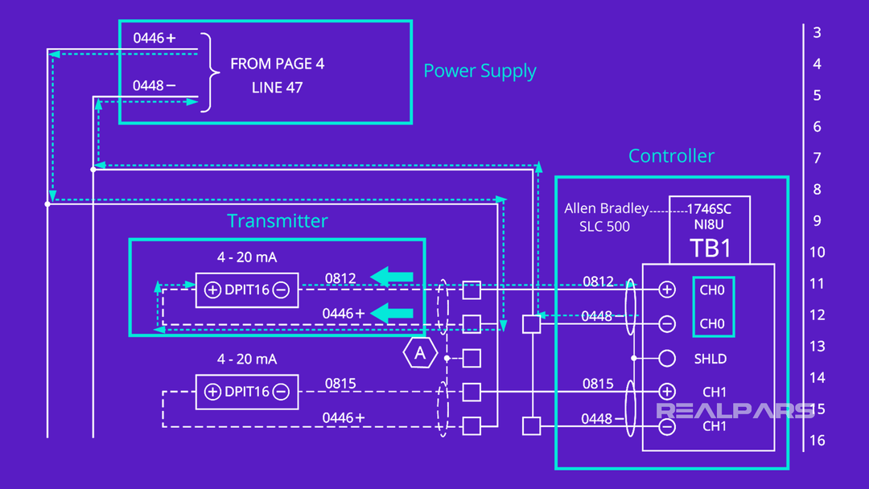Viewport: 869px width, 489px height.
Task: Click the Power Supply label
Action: pos(480,71)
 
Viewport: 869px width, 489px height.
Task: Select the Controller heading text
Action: pos(671,156)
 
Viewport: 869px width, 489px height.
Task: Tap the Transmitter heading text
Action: pos(278,221)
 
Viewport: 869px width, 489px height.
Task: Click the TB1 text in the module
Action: pos(710,248)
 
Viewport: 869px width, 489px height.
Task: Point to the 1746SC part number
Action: pos(709,208)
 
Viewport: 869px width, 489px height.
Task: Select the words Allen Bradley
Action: pos(606,208)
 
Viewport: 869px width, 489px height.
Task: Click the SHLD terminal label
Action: pos(710,359)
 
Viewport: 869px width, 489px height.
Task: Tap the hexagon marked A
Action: pos(419,353)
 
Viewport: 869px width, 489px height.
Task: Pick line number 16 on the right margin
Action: pos(818,441)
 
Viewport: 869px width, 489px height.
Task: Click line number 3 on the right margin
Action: pos(818,33)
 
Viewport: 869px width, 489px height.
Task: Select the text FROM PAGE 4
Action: pos(278,64)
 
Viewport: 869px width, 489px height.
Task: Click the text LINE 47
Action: pos(278,88)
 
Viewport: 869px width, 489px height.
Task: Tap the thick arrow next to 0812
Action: pos(392,277)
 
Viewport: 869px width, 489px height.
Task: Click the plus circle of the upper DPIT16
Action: pos(212,290)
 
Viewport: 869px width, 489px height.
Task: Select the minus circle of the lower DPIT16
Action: pos(281,392)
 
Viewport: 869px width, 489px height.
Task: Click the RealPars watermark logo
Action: pos(735,410)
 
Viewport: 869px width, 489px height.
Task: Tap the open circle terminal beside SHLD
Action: pos(667,359)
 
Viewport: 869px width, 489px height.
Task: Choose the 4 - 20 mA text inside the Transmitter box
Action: pos(247,257)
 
